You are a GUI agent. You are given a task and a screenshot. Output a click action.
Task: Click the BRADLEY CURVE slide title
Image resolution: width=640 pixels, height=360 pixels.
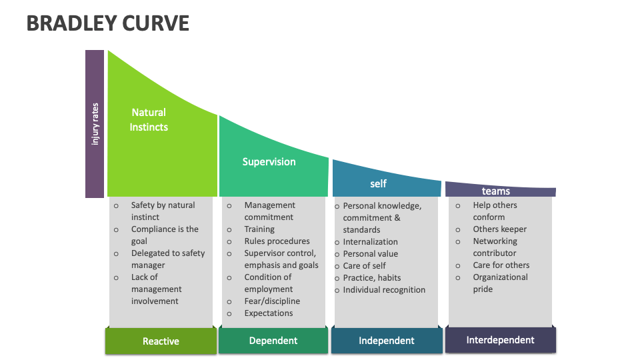[108, 23]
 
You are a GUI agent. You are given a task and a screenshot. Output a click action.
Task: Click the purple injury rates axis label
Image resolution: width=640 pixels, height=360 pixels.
[95, 124]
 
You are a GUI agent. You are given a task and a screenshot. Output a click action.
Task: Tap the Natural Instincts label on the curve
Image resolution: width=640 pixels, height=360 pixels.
[149, 120]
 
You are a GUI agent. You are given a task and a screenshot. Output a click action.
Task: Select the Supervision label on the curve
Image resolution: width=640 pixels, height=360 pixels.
[269, 161]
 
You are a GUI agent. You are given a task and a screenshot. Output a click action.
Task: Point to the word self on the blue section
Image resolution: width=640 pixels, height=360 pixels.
[378, 183]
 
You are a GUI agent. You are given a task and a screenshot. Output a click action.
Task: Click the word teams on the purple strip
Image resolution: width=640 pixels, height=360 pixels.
[495, 191]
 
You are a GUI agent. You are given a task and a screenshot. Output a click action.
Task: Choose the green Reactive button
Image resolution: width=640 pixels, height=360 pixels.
[161, 341]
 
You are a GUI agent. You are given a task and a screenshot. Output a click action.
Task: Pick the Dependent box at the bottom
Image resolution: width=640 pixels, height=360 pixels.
[273, 341]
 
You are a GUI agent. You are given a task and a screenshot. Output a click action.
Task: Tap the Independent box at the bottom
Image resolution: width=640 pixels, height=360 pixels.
[387, 341]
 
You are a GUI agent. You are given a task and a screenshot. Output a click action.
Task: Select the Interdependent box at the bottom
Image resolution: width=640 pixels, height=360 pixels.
[500, 340]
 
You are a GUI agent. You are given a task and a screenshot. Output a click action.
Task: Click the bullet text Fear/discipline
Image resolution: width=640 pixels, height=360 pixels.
[272, 301]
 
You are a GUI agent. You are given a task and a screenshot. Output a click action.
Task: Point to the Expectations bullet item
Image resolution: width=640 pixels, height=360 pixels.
[269, 313]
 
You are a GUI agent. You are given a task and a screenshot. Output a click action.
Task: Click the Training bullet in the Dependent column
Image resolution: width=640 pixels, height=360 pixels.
[259, 229]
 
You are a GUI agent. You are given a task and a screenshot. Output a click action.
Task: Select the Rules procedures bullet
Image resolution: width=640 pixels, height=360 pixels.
[277, 241]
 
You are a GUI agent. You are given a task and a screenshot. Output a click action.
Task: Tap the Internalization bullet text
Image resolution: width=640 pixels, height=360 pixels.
[370, 242]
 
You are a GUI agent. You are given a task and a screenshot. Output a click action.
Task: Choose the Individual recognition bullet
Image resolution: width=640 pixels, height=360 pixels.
[384, 290]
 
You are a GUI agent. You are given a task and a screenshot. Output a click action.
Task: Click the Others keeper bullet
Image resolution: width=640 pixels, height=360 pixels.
[499, 229]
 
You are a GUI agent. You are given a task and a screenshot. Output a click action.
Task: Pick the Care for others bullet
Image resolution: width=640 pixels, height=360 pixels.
[501, 265]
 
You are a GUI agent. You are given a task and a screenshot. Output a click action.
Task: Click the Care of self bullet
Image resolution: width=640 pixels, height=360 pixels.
[365, 266]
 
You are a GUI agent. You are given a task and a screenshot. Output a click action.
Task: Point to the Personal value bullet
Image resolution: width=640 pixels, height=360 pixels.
[370, 254]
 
